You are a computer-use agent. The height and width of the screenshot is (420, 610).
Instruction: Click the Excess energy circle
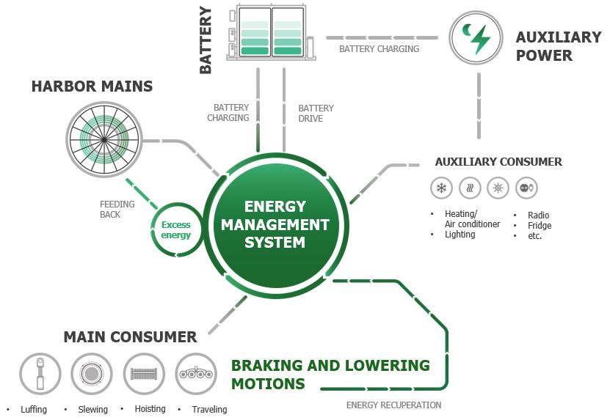[x=176, y=230]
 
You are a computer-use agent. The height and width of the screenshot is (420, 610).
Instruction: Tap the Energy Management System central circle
[x=275, y=224]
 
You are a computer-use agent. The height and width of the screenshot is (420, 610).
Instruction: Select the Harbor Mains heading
[x=92, y=86]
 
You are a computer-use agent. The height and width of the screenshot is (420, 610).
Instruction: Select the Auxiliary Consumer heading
[x=498, y=162]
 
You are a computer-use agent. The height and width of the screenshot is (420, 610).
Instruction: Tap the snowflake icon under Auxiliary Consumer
[x=441, y=188]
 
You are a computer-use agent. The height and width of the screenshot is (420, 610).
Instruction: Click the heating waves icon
[x=470, y=188]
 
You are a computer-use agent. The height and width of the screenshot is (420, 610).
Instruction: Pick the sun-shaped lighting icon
[x=498, y=188]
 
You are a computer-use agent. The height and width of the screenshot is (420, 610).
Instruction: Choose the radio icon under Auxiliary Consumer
[x=526, y=188]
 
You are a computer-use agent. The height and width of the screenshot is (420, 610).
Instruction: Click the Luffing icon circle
[x=40, y=374]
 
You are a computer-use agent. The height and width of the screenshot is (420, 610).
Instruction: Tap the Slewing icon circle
[x=92, y=374]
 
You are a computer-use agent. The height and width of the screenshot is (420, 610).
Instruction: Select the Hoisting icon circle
[x=144, y=374]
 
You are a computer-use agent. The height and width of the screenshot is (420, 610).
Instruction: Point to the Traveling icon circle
[x=196, y=374]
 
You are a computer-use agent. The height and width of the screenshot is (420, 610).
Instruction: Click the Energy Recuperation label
[x=393, y=405]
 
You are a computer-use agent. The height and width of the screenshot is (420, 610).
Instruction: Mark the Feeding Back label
[x=117, y=210]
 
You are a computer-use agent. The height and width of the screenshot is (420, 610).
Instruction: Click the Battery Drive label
[x=316, y=113]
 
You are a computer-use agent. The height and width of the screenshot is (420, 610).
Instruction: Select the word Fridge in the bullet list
[x=540, y=226]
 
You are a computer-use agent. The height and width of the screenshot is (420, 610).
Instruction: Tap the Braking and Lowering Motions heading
[x=330, y=374]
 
